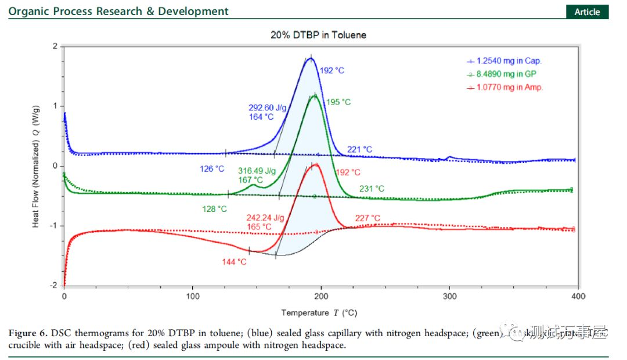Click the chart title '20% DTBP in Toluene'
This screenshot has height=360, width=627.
pos(318,35)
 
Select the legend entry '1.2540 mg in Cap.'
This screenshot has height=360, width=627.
pos(509,60)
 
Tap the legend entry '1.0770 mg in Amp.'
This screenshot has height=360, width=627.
pos(509,87)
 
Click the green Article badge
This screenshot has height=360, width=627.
pos(587,12)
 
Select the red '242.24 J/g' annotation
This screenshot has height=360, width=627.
pos(264,218)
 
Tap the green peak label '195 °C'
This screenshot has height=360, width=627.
pos(338,102)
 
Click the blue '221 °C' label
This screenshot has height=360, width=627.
pos(359,150)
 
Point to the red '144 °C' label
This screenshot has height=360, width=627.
pos(234,262)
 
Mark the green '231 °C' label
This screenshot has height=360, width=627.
pos(372,189)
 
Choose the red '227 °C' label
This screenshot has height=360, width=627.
pos(367,218)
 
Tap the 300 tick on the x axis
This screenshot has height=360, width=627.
pos(449,296)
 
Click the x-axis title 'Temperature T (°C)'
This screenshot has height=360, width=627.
pos(319,313)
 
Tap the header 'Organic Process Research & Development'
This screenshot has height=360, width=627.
pos(118,12)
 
